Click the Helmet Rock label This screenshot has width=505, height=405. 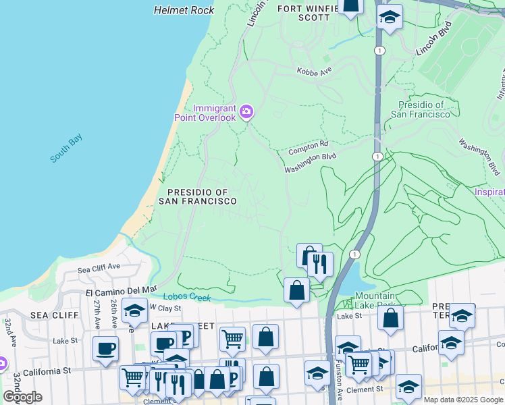184,10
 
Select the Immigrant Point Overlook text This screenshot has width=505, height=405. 215,113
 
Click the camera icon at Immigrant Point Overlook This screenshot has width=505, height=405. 246,111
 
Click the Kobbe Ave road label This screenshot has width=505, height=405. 314,70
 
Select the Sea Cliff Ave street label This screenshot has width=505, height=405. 98,269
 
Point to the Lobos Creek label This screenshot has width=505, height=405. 187,297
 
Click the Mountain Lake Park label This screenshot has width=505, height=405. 375,300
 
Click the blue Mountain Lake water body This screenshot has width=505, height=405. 348,280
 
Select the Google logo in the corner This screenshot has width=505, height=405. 22,397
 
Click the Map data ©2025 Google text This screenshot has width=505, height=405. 463,400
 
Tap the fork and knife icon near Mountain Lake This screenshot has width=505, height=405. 320,263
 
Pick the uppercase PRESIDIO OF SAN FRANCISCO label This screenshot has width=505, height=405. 197,196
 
